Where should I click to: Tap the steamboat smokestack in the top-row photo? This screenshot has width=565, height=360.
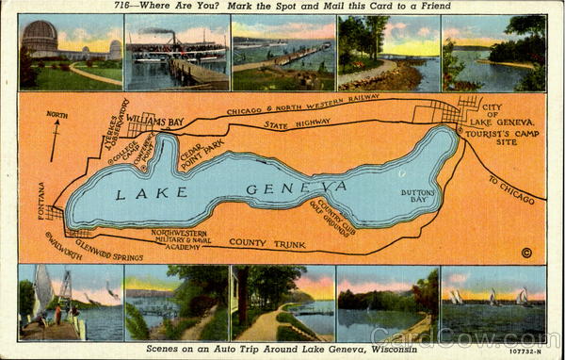[x=171, y=35]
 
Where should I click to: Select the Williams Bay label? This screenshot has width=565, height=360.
[x=156, y=121]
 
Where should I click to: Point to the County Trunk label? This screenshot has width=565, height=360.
[x=267, y=244]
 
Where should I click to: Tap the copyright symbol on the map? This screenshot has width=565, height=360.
[x=526, y=252]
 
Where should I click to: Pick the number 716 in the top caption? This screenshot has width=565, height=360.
[x=122, y=7]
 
